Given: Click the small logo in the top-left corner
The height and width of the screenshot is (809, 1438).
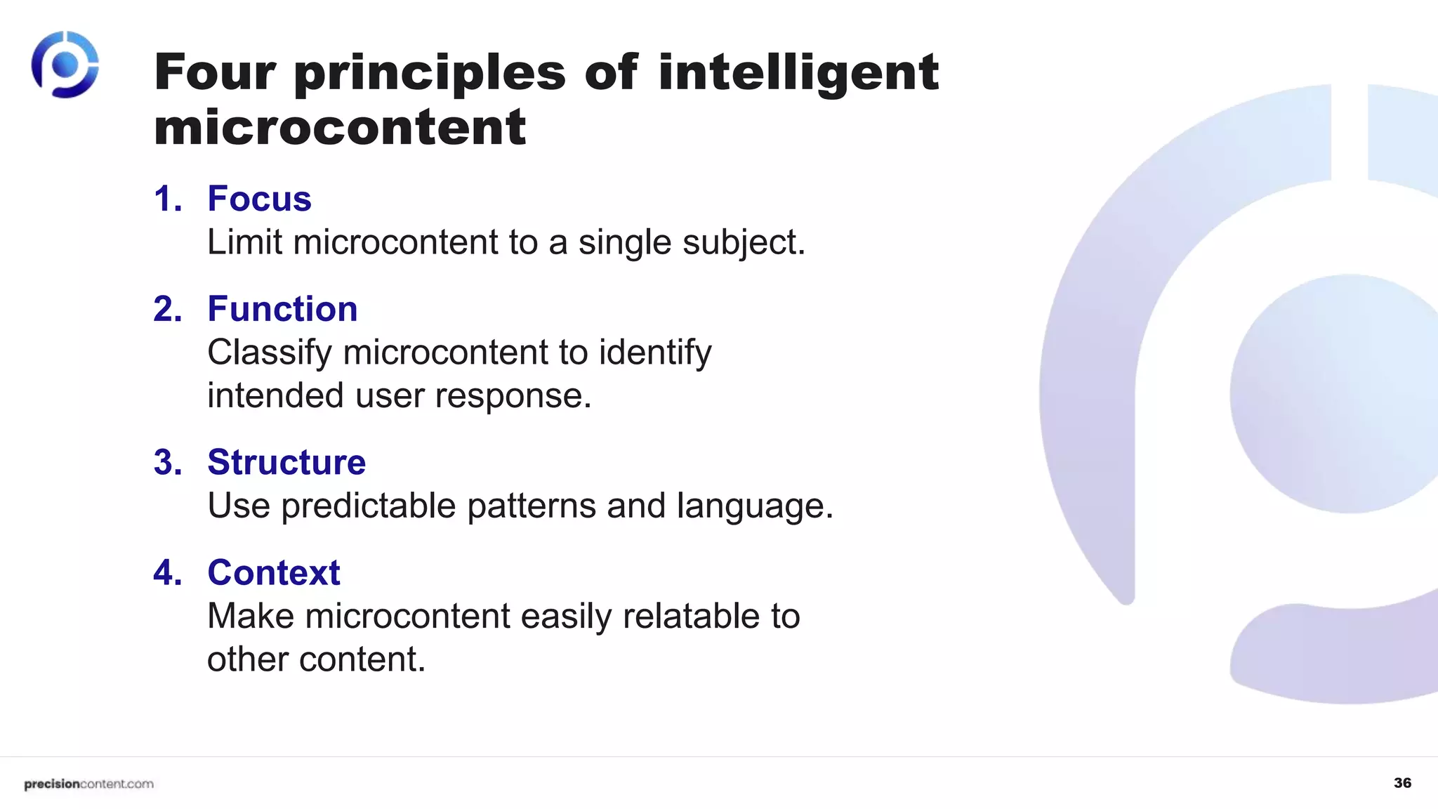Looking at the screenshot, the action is point(65,65).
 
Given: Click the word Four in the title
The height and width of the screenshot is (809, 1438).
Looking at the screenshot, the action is point(215,72).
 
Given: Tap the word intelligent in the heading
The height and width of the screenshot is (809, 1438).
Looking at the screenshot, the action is point(798,74).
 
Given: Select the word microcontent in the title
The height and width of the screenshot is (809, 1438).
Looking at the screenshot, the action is point(340,127).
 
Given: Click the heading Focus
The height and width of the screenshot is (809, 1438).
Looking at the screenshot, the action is point(259,199).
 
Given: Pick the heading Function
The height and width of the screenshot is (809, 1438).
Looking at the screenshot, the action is point(282,309).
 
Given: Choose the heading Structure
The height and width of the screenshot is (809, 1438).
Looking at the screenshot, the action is point(286,462).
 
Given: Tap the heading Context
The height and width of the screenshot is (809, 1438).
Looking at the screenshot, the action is point(274,572).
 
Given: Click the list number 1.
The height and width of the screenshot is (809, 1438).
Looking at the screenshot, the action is point(167,199).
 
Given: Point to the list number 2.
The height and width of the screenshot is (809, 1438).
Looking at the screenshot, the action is point(167,309).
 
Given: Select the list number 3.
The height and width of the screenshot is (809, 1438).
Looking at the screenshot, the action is point(167,462).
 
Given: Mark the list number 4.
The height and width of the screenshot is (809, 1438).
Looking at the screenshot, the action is point(167,572).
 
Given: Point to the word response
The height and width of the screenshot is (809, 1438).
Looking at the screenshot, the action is point(513,396).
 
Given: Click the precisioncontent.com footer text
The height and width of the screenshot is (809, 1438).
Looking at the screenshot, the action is point(88,784).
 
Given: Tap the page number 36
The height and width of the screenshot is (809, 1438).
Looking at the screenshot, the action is point(1402,783).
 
